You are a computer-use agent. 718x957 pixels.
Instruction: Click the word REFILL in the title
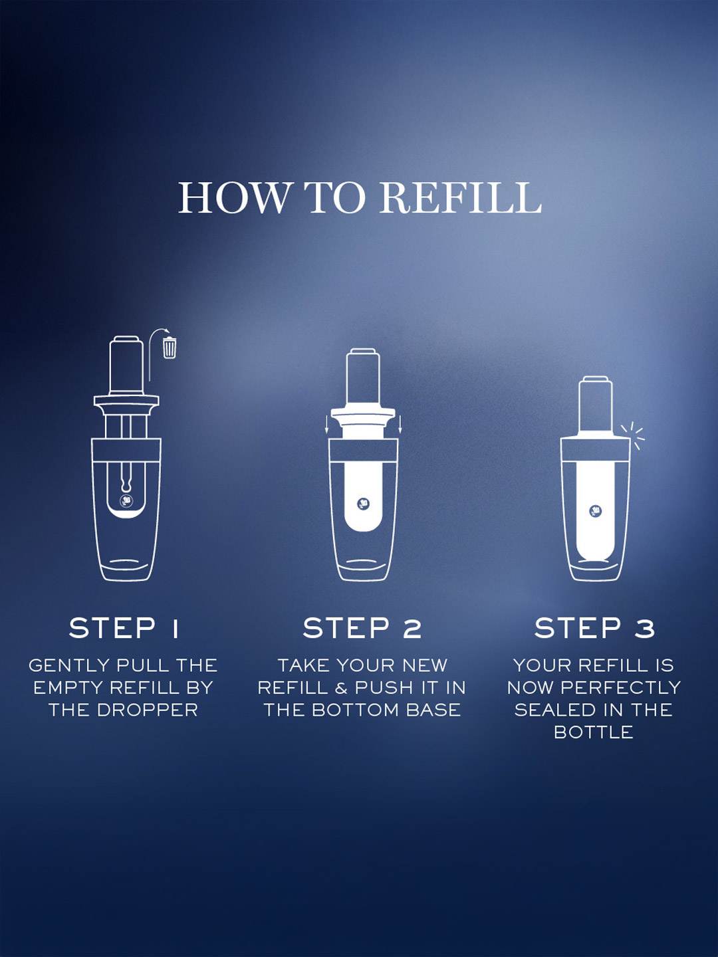click(x=461, y=197)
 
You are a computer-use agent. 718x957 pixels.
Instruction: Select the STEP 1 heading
click(x=124, y=628)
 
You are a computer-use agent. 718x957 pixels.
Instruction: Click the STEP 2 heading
click(x=362, y=628)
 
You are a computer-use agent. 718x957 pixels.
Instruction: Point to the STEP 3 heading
click(x=594, y=628)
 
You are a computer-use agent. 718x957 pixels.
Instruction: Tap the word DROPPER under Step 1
click(x=148, y=710)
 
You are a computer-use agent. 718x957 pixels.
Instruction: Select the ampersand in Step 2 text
click(x=340, y=688)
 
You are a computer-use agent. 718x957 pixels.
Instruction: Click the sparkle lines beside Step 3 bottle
click(x=634, y=437)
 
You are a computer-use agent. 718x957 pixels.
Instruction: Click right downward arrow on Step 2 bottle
click(x=400, y=425)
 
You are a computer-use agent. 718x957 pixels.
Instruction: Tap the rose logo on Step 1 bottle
click(x=126, y=501)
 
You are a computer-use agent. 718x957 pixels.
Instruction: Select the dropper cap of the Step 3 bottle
click(x=594, y=407)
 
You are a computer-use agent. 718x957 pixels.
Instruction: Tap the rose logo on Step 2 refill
click(x=363, y=504)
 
